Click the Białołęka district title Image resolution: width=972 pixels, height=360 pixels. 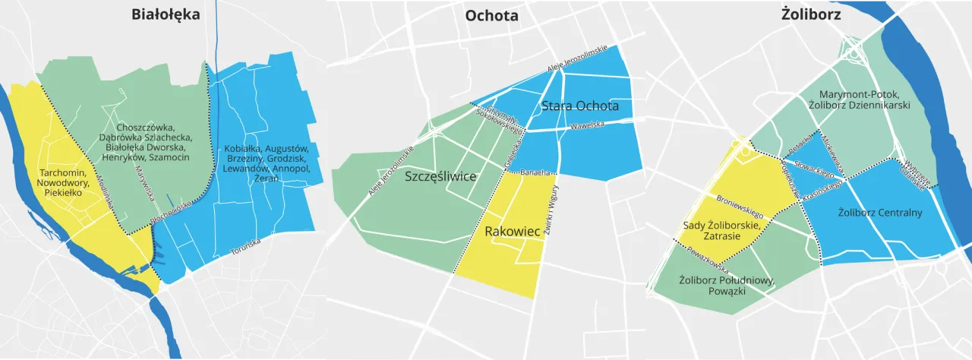click(165, 14)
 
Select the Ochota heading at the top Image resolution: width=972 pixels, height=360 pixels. click(491, 15)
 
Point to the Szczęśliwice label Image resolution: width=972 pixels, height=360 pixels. click(440, 177)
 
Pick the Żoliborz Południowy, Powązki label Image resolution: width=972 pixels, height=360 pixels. click(727, 286)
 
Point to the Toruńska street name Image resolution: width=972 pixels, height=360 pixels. click(245, 245)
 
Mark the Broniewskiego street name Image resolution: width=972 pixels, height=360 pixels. click(740, 206)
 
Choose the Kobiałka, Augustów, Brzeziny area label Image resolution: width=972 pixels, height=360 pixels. click(265, 163)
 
